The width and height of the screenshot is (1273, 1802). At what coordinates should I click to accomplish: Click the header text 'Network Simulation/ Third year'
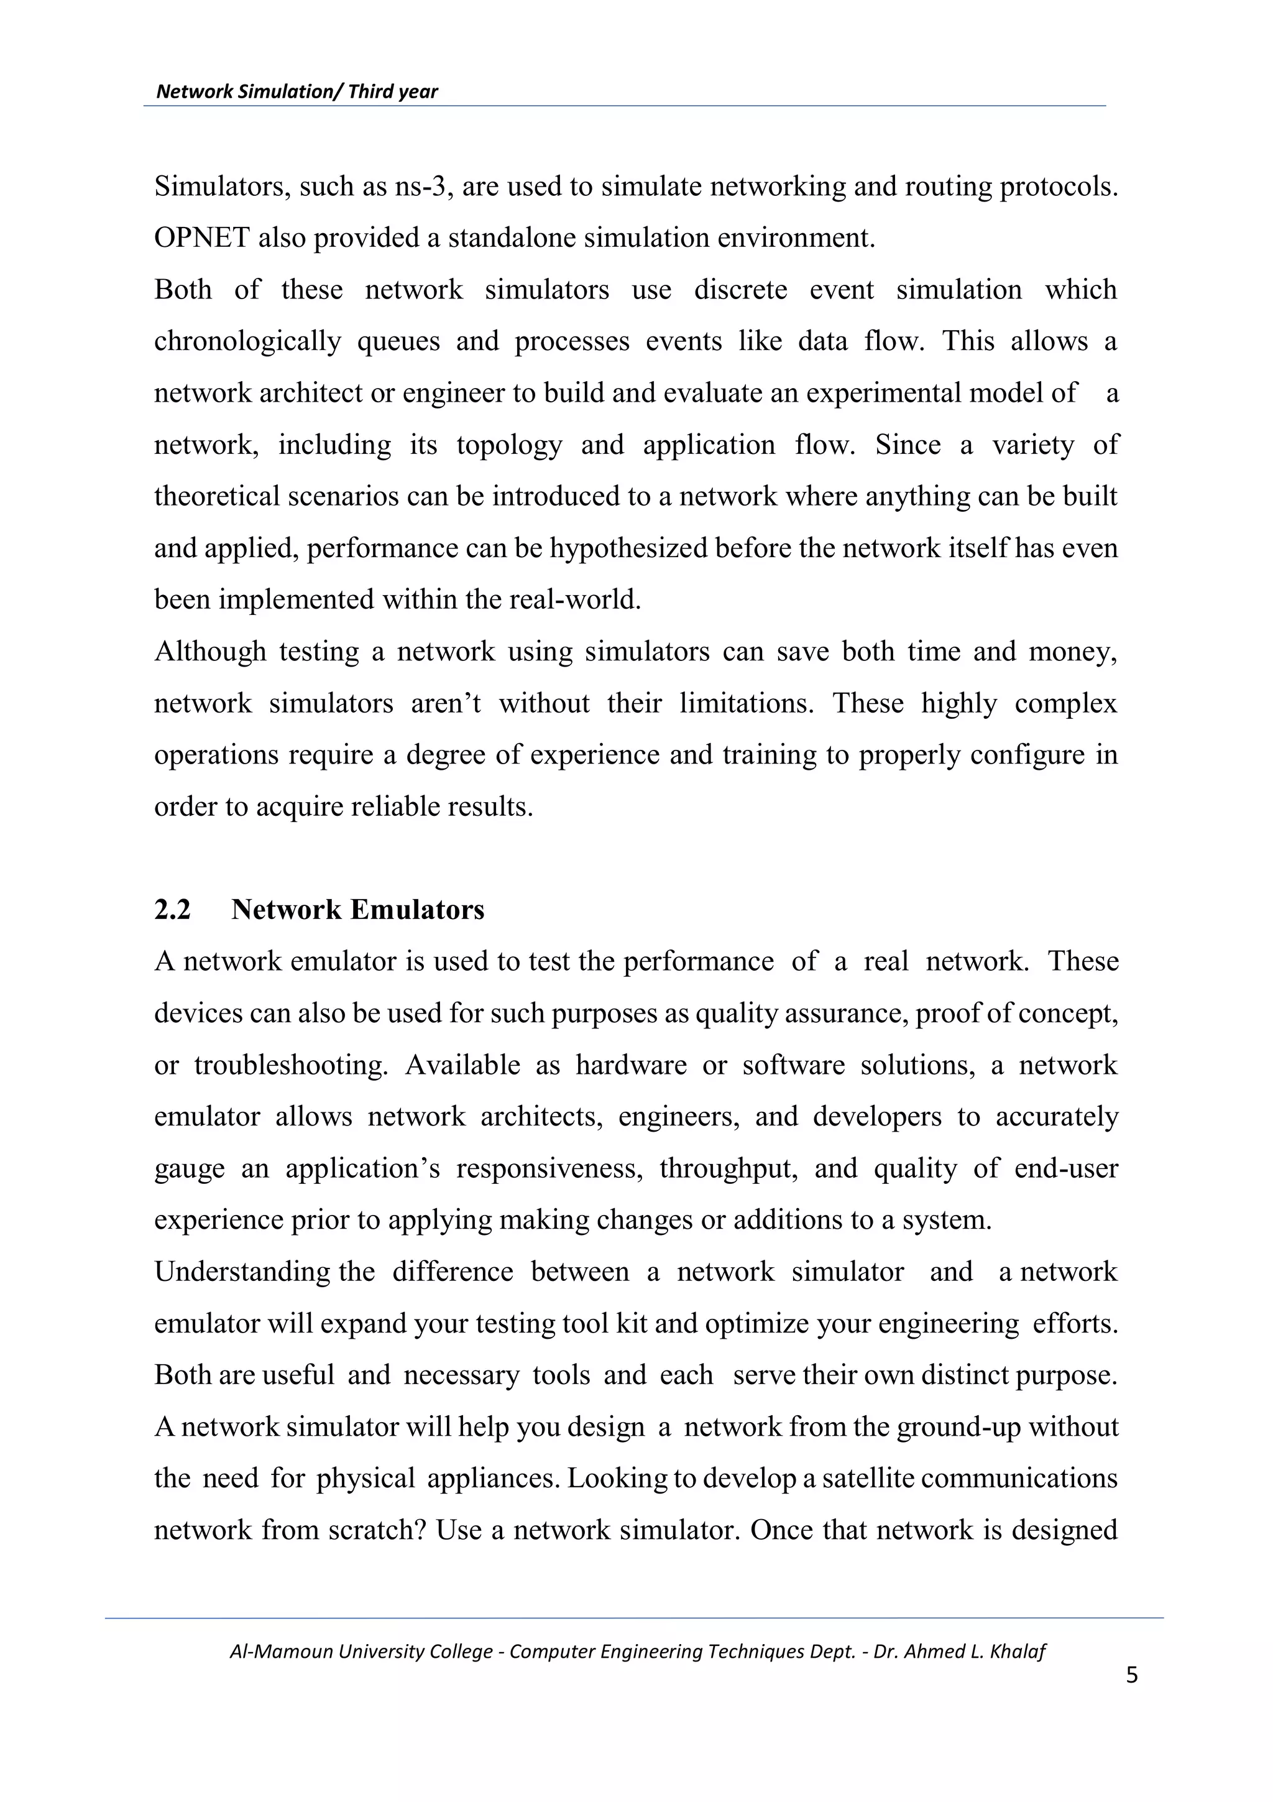pos(296,92)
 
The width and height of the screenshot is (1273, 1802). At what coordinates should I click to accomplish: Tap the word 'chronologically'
pos(247,342)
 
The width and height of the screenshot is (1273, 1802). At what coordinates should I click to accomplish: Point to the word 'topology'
pos(509,446)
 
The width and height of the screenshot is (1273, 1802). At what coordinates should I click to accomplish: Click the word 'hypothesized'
pos(627,548)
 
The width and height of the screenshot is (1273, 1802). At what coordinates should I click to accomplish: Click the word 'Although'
pos(210,652)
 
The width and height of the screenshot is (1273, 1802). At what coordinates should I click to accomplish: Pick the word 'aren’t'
pos(446,704)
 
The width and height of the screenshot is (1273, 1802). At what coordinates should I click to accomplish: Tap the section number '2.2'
pos(173,910)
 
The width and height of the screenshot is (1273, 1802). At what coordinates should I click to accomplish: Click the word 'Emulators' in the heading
pos(416,910)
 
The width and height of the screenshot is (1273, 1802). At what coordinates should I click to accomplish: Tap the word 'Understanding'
pos(242,1272)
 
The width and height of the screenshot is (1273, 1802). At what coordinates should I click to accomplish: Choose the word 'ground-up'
pos(958,1428)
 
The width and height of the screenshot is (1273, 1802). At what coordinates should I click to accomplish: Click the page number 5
pos(1131,1676)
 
